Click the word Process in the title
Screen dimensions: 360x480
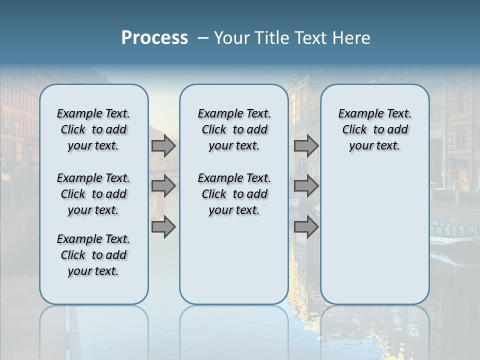click(x=154, y=37)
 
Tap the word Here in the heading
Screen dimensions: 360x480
click(x=353, y=38)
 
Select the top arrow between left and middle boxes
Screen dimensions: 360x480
click(x=163, y=146)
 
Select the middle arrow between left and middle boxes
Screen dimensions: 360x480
click(x=163, y=186)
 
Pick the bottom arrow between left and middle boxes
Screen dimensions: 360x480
click(x=163, y=227)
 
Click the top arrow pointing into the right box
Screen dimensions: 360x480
click(x=306, y=146)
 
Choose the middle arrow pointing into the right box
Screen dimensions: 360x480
click(x=306, y=186)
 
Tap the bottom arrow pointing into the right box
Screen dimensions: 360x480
click(x=306, y=227)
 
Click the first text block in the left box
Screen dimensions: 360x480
click(x=93, y=129)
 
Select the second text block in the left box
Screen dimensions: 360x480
click(x=93, y=194)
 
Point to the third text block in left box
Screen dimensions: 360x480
click(x=93, y=255)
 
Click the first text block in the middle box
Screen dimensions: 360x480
click(x=234, y=129)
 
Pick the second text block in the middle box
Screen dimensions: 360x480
click(x=234, y=194)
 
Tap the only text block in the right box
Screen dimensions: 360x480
click(x=374, y=129)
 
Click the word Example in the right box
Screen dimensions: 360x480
click(x=357, y=114)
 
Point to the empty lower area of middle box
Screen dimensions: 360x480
click(x=234, y=260)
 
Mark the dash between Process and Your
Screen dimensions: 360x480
click(x=203, y=38)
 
